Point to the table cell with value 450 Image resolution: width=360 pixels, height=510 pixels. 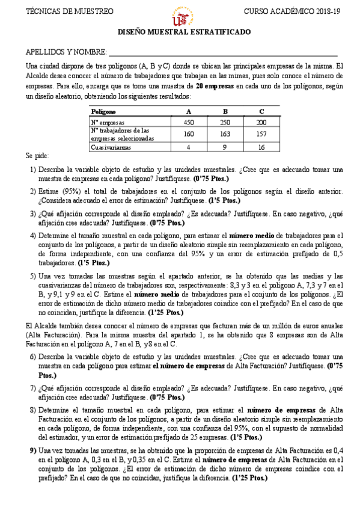coord(189,122)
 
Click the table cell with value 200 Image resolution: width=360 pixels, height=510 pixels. coord(261,122)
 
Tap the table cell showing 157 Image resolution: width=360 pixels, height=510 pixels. coord(261,134)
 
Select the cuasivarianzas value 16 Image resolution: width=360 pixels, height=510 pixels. coord(261,147)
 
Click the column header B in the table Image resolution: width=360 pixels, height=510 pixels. coord(225,111)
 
